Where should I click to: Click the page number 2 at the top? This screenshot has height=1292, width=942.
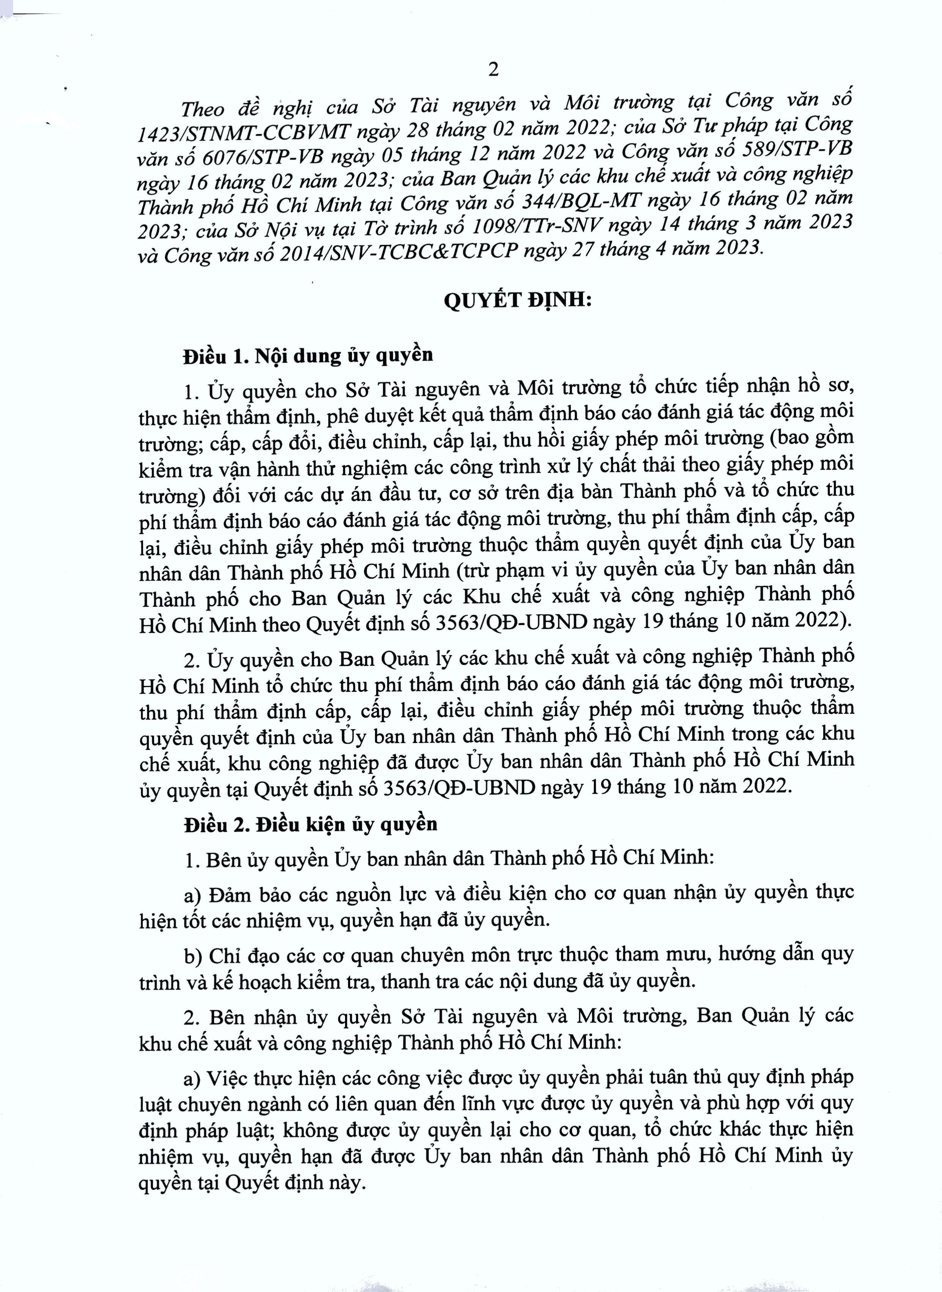[493, 69]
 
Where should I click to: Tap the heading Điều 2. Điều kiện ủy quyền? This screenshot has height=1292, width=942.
[310, 825]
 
